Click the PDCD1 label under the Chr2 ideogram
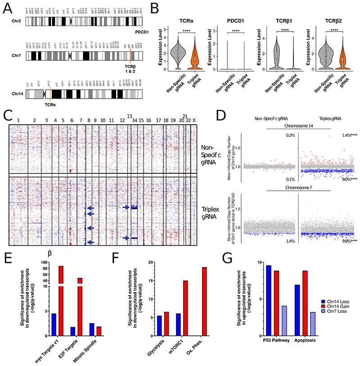click(x=135, y=33)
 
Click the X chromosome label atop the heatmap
click(x=194, y=121)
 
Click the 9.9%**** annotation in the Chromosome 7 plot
click(x=343, y=242)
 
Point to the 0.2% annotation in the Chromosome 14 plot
click(x=290, y=135)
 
